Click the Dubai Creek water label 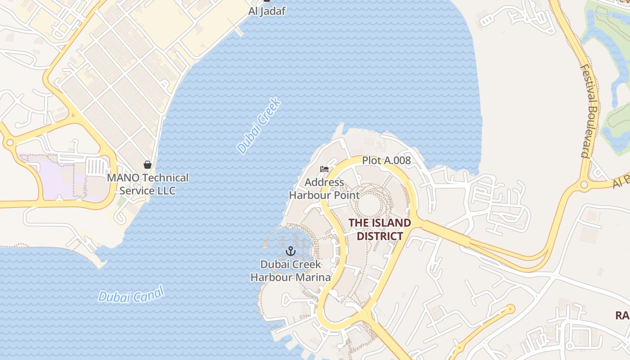click(x=259, y=126)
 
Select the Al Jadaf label click(x=267, y=11)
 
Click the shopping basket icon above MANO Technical click(x=147, y=165)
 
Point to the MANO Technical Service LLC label click(x=148, y=184)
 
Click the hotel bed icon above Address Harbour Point click(x=324, y=170)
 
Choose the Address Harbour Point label click(x=324, y=189)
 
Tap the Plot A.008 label click(x=386, y=160)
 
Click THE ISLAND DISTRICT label click(x=380, y=229)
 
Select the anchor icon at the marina click(x=291, y=251)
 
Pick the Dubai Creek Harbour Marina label click(x=291, y=271)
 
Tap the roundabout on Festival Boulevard click(x=584, y=184)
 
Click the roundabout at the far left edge click(x=9, y=143)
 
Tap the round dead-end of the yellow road click(x=510, y=309)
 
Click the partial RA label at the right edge click(x=623, y=315)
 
